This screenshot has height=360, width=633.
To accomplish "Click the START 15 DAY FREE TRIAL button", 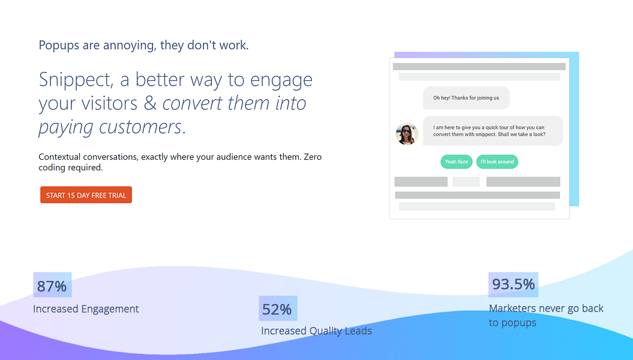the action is click(86, 195).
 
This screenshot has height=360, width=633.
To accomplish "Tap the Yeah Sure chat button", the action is click(456, 162).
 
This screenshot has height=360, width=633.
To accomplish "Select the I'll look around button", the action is click(497, 162).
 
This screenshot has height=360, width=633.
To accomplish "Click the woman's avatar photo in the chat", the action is click(407, 134).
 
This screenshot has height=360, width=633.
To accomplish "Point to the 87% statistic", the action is click(52, 286).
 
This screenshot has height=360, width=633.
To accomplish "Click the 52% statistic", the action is click(277, 309).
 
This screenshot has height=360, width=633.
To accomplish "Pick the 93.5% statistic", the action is click(513, 284).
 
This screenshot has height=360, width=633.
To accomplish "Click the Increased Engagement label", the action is click(86, 309).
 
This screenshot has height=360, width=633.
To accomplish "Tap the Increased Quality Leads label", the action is click(317, 331).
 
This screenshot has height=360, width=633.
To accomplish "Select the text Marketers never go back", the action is click(546, 308).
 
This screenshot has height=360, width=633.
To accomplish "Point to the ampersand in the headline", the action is click(150, 103).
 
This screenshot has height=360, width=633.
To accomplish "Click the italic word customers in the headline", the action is click(140, 127).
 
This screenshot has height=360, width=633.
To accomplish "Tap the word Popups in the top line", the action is click(59, 45).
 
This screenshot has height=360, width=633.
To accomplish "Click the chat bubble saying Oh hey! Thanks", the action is click(466, 98).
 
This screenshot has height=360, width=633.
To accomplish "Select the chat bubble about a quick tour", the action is click(493, 131).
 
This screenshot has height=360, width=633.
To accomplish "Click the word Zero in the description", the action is click(313, 157).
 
